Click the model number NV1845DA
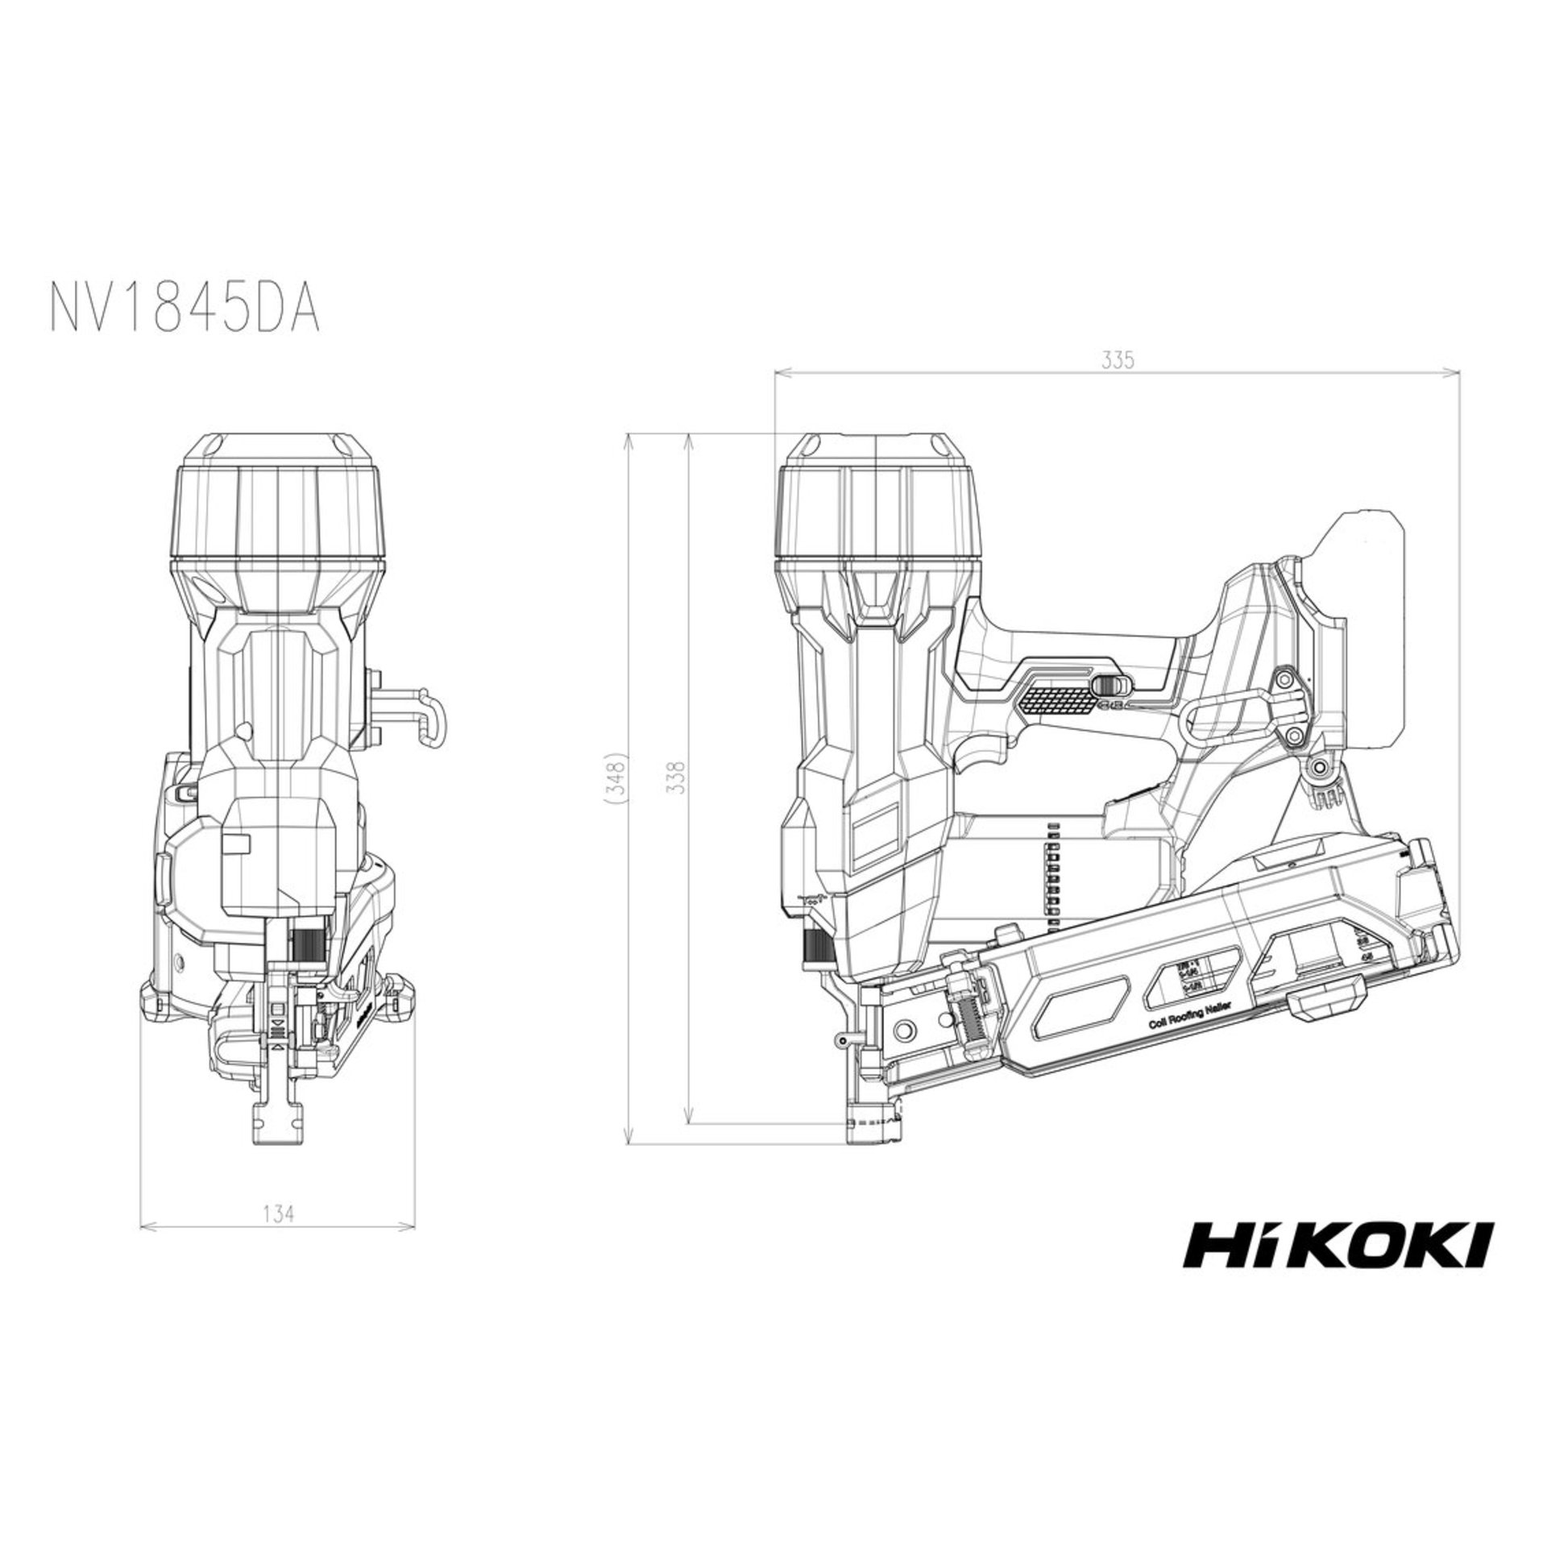[x=186, y=307]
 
